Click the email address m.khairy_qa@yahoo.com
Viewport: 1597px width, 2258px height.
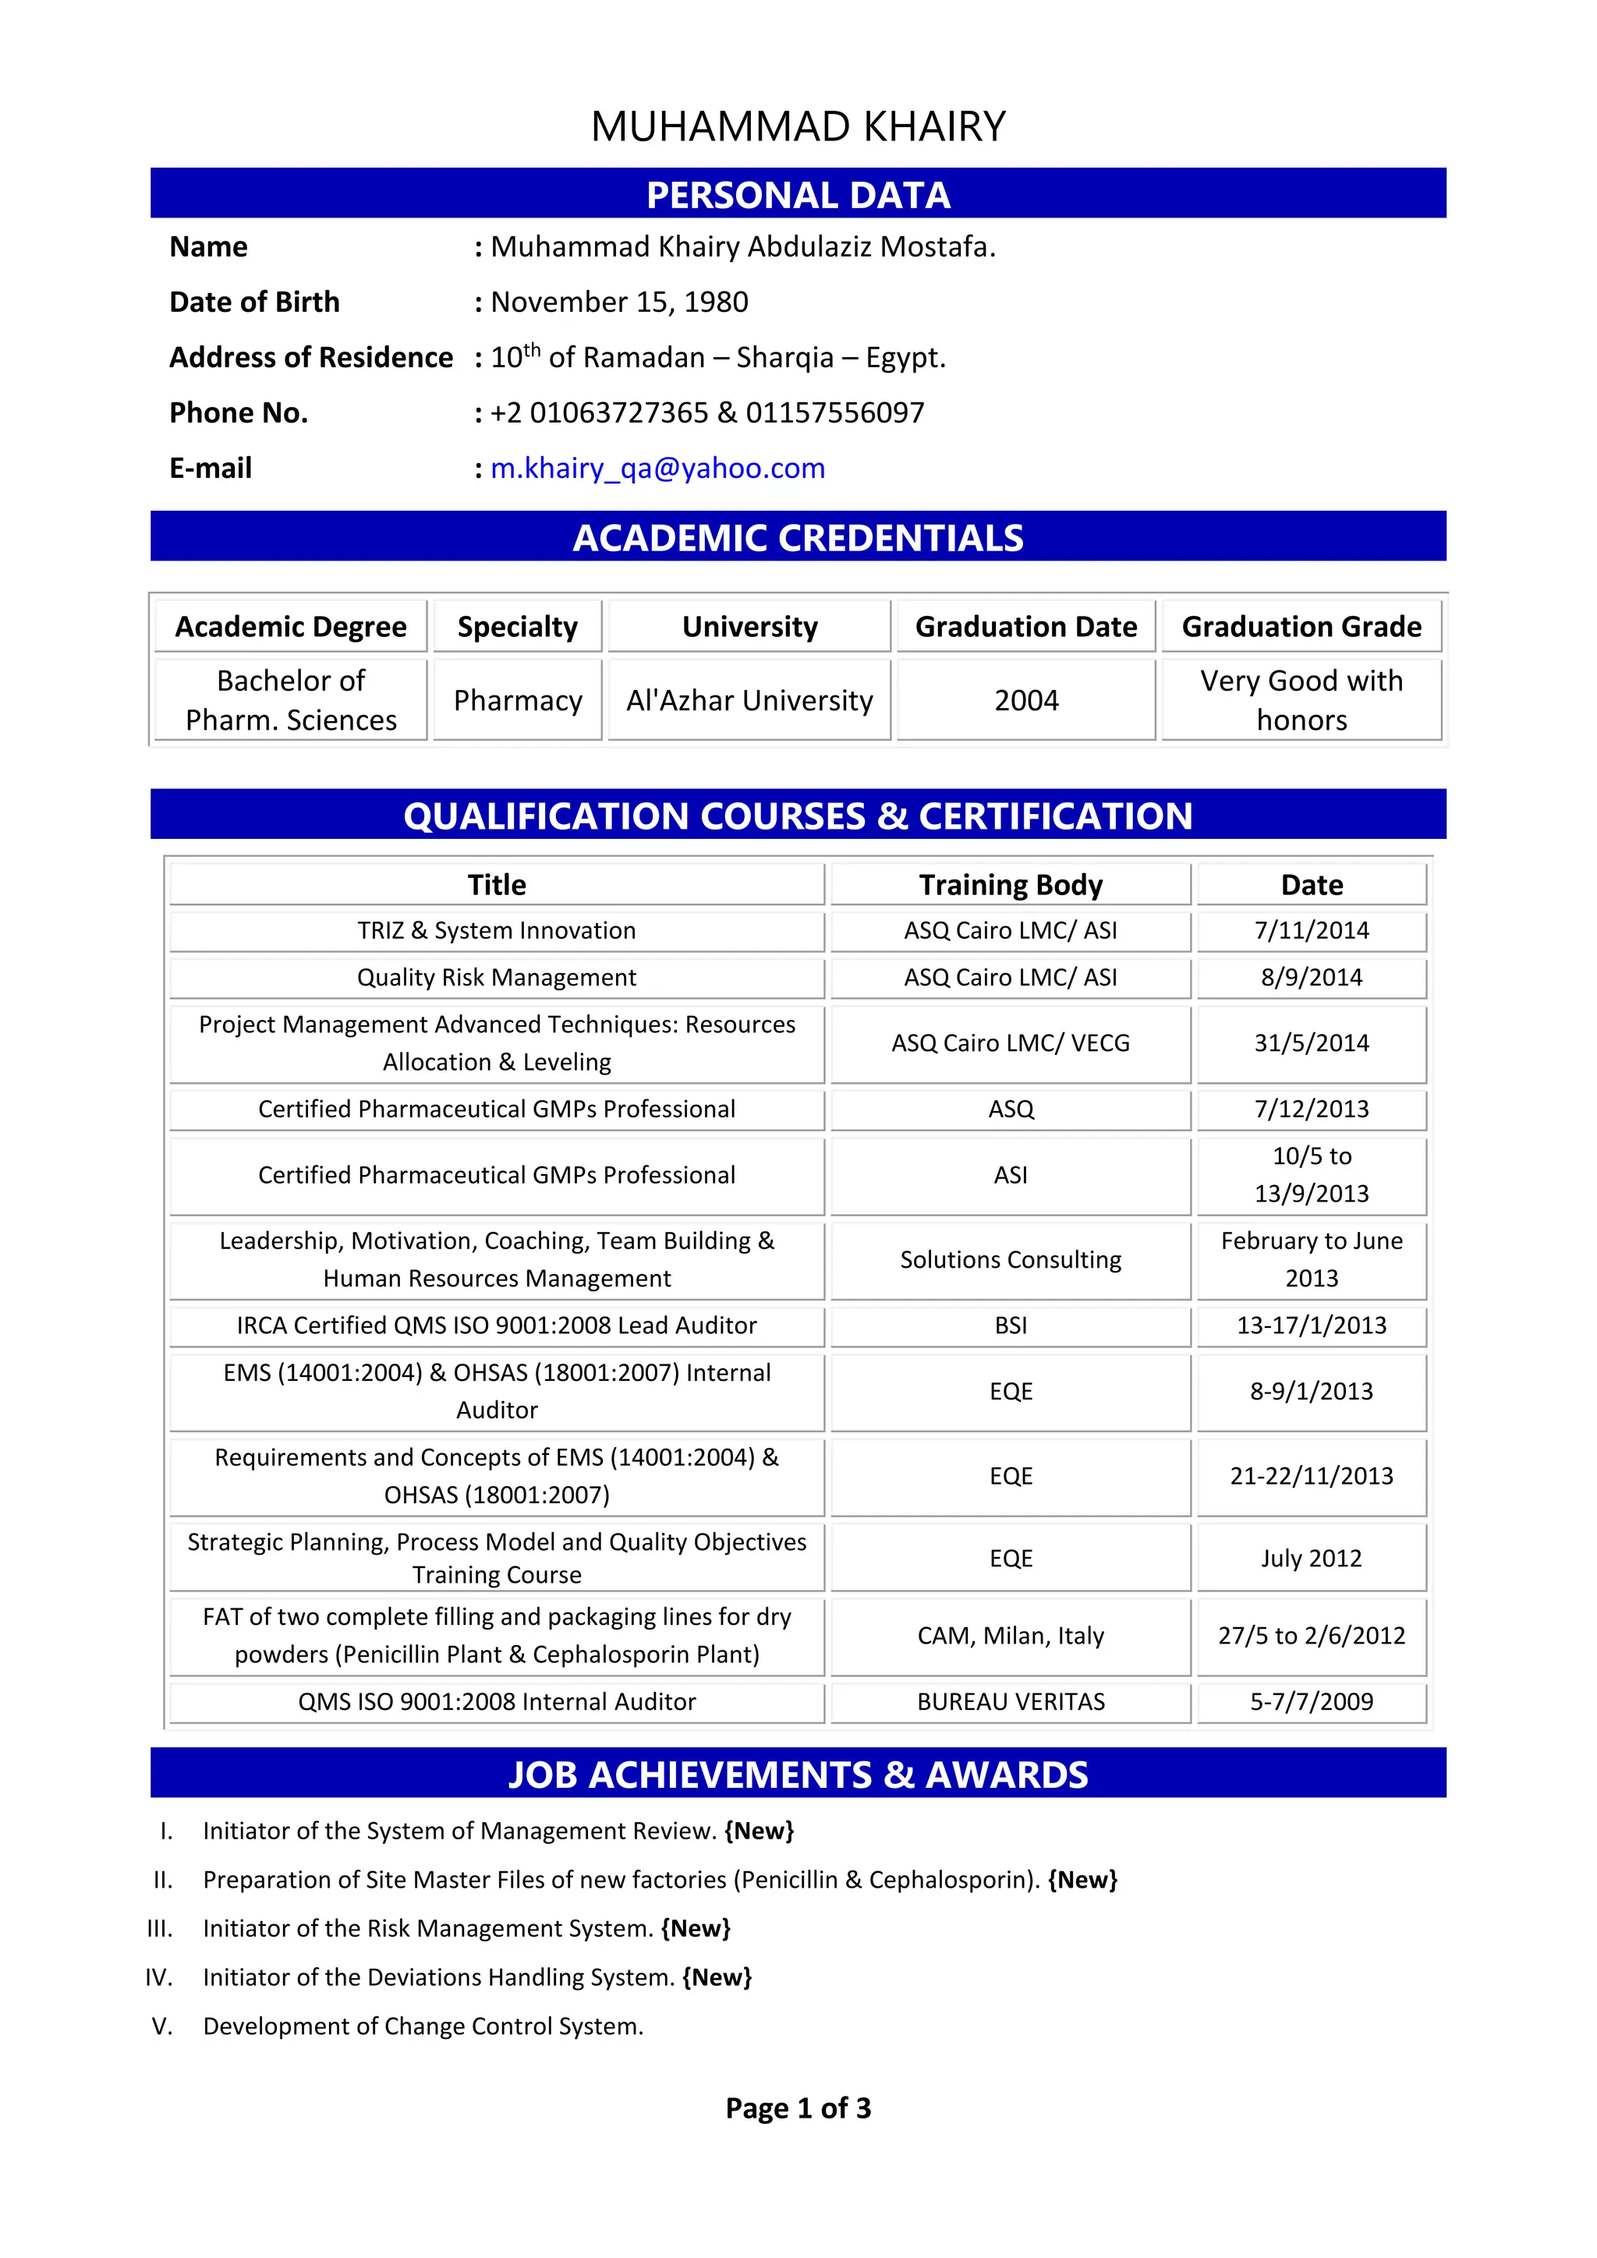(657, 468)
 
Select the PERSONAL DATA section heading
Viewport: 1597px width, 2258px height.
(798, 195)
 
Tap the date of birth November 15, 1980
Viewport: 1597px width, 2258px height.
(618, 302)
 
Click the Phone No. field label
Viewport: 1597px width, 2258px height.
(238, 413)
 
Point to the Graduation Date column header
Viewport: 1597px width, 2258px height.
(1025, 626)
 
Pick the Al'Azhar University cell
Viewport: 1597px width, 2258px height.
(749, 700)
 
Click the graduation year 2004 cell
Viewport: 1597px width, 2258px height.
(1025, 700)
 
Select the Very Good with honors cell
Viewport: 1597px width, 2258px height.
(1301, 700)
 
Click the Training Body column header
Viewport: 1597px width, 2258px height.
(1011, 885)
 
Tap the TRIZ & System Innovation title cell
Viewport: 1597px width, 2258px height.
(497, 930)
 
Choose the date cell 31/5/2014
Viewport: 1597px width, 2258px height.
(1311, 1043)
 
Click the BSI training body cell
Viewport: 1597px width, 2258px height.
(1011, 1325)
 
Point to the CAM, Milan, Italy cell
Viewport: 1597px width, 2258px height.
(1011, 1636)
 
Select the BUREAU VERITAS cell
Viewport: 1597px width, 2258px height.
(1011, 1702)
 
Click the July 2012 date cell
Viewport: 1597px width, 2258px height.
(1311, 1559)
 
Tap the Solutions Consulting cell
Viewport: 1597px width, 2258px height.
(1011, 1260)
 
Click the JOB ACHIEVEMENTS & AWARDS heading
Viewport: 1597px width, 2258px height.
(798, 1775)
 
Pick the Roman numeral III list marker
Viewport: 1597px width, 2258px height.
(159, 1928)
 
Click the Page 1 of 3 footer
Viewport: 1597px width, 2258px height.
(798, 2108)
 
